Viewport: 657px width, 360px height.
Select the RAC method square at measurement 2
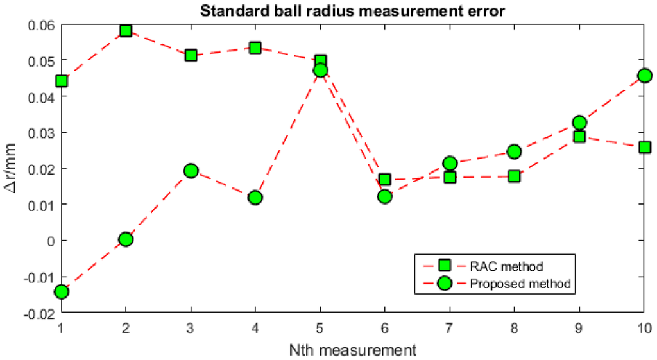126,31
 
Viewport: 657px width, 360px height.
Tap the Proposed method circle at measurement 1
62,292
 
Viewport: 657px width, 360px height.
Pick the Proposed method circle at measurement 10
644,76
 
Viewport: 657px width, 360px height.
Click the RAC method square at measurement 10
644,147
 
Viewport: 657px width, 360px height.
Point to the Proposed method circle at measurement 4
255,197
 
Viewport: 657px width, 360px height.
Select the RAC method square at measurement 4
255,47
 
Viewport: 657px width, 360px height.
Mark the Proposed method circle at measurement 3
191,170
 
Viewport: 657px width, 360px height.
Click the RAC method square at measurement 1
62,81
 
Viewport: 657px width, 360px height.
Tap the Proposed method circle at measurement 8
514,151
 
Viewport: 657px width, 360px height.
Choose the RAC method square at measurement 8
514,176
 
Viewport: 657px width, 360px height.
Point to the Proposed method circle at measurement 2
126,239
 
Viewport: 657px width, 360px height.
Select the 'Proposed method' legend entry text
520,283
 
